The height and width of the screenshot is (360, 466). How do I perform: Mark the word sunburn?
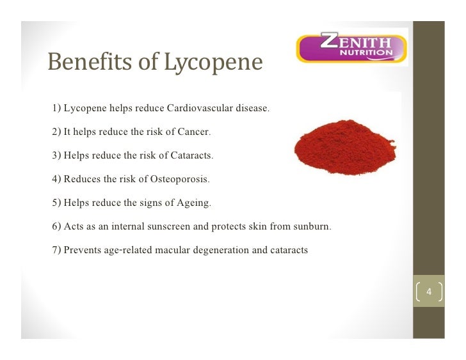(x=312, y=227)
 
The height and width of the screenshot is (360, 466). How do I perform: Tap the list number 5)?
(x=56, y=203)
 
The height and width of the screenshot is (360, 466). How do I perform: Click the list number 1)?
(x=56, y=108)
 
